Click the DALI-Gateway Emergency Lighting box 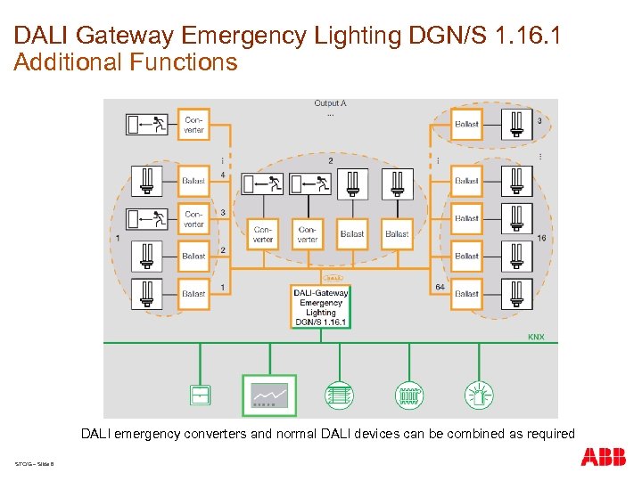pos(321,306)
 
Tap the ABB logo pos(603,458)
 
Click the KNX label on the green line pos(535,337)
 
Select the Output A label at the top pos(330,103)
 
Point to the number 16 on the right pos(542,239)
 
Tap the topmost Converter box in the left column pos(193,125)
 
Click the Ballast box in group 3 pos(466,124)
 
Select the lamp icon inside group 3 pos(515,124)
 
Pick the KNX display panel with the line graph pos(269,395)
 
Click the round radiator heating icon pos(408,395)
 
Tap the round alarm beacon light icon pos(478,395)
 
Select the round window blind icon pos(338,395)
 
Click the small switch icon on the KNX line pos(200,395)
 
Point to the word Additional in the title pos(69,62)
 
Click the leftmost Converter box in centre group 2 pos(263,234)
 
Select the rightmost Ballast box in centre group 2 pos(398,234)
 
